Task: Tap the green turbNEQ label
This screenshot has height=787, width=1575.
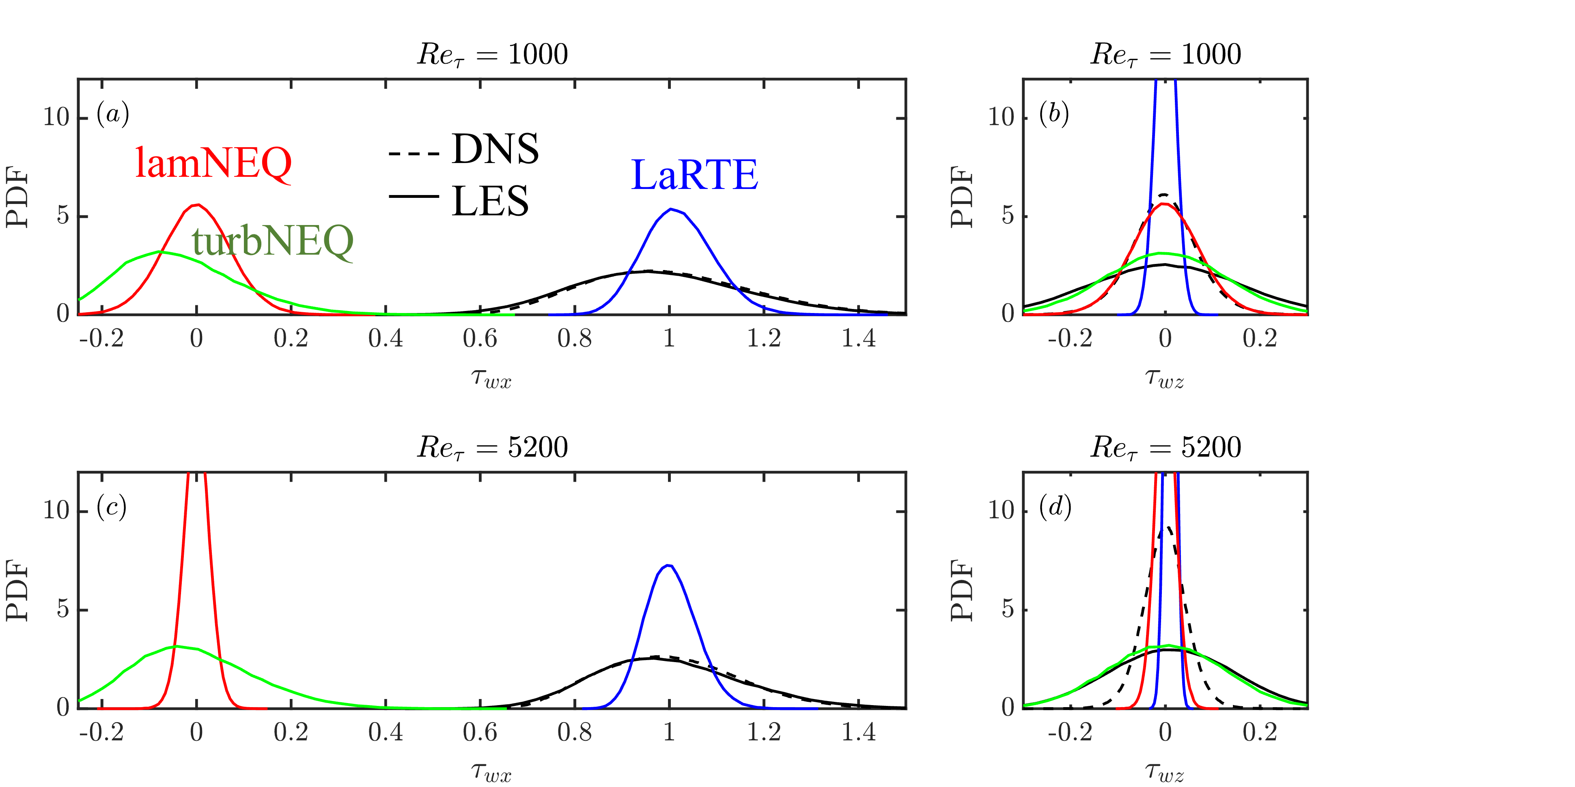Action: (273, 241)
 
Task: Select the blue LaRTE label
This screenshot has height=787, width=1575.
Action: (694, 176)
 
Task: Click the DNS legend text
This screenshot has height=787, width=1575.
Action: (495, 149)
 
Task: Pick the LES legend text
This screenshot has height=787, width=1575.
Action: (490, 201)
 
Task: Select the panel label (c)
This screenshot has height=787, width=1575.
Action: (111, 507)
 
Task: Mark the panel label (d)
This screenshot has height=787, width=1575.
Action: (1055, 507)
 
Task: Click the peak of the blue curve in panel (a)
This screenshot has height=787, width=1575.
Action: (671, 210)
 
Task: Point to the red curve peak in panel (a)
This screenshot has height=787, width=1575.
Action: (197, 205)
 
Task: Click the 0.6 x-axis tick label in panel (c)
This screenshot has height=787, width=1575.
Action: (480, 732)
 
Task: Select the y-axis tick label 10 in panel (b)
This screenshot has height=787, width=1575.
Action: (1001, 117)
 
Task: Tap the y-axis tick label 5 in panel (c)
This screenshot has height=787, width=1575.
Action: (63, 609)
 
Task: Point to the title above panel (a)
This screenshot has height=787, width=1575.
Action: (492, 54)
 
